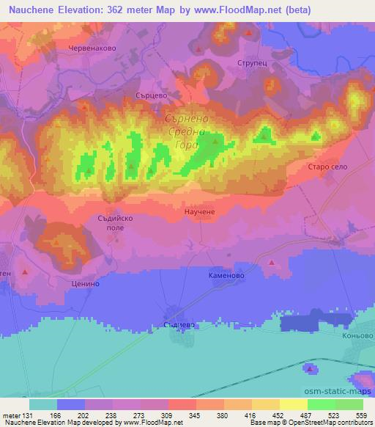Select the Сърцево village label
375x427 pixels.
pyautogui.click(x=152, y=94)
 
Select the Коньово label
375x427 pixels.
pyautogui.click(x=357, y=336)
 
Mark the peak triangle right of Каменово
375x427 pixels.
pyautogui.click(x=271, y=262)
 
